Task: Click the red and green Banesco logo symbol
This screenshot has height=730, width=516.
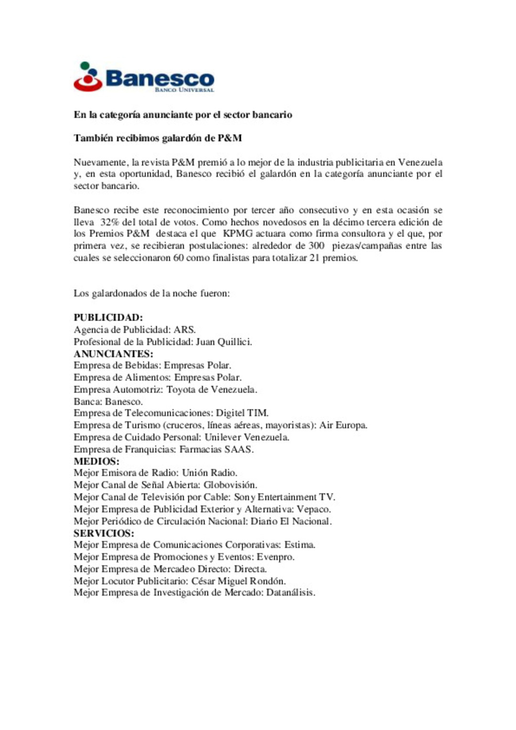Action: [88, 77]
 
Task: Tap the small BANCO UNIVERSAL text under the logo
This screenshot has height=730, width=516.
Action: [184, 90]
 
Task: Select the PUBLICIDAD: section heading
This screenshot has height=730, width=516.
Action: [108, 318]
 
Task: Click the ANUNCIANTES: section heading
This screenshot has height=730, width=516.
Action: [113, 354]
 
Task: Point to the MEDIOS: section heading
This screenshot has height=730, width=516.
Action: [97, 462]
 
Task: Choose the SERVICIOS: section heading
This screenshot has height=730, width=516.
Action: [104, 533]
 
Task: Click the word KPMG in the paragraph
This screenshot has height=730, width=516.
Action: [237, 234]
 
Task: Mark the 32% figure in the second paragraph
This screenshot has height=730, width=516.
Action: [109, 222]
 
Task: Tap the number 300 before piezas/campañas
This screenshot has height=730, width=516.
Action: [316, 246]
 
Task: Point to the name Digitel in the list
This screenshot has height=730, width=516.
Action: [230, 413]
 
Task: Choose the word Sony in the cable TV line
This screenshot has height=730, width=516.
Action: [245, 497]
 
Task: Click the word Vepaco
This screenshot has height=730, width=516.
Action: [313, 509]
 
